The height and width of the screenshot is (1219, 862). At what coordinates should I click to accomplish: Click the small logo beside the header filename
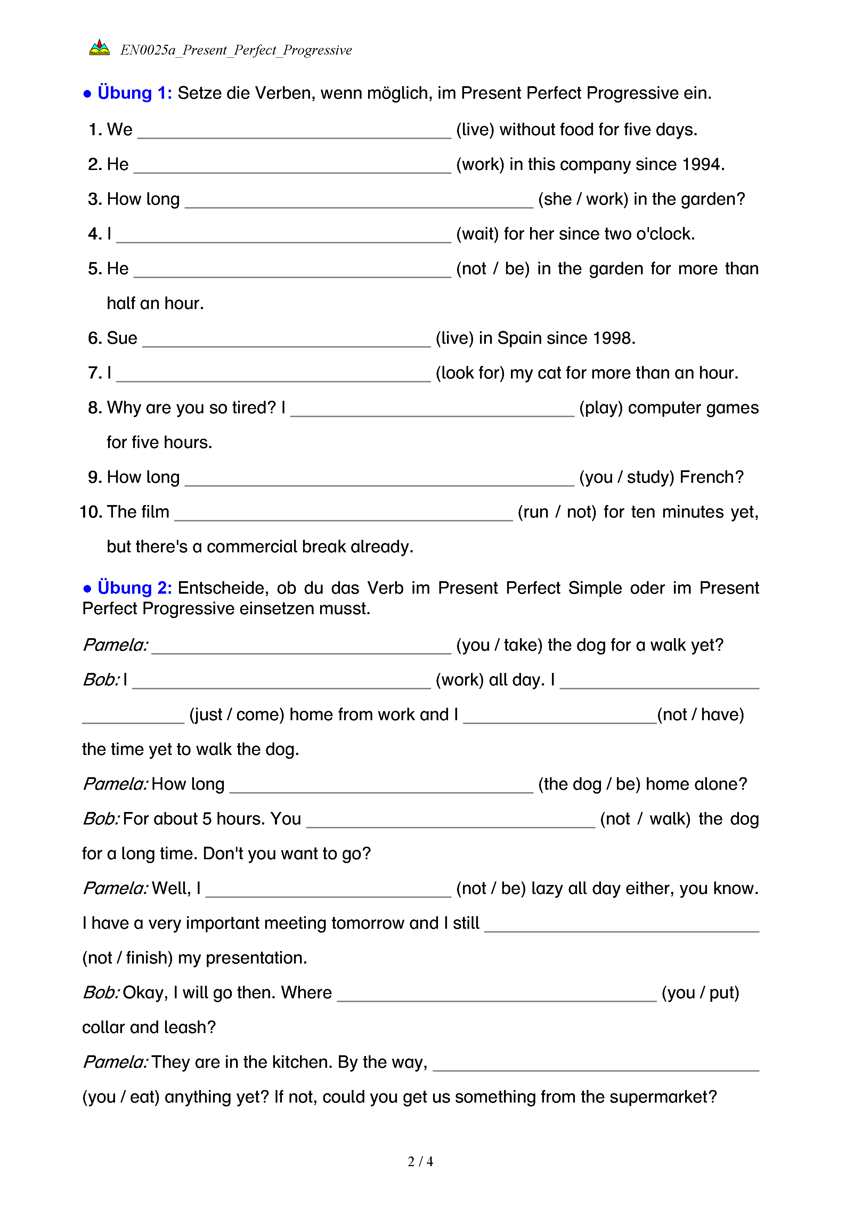coord(99,48)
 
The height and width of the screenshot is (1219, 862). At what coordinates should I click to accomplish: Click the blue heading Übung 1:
coord(134,93)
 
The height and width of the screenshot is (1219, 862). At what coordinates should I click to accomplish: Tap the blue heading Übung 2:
coord(134,588)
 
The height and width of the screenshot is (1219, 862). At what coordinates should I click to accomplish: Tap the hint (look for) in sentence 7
coord(470,373)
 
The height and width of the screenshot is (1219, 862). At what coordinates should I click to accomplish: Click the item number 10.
coord(90,512)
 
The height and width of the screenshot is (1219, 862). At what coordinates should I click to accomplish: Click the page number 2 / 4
coord(420,1162)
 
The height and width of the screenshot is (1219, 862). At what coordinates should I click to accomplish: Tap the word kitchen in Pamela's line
coord(301,1062)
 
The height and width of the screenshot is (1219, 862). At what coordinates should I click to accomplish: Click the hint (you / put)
coord(700,993)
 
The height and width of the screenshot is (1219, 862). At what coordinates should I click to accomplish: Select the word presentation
coord(256,958)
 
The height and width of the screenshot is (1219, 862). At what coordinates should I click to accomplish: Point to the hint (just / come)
coord(237,715)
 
